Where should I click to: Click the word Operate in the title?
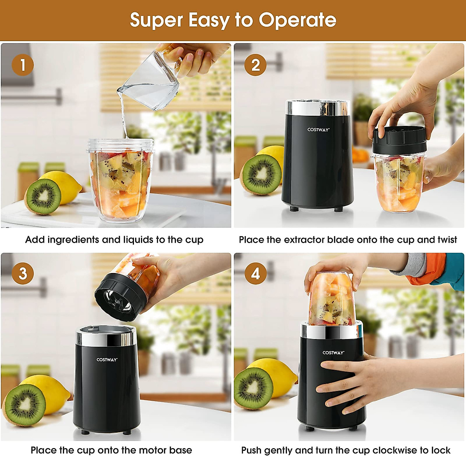pyautogui.click(x=297, y=20)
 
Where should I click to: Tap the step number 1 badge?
pyautogui.click(x=23, y=65)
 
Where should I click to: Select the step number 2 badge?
pyautogui.click(x=255, y=65)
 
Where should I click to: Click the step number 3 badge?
pyautogui.click(x=23, y=273)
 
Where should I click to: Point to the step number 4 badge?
pyautogui.click(x=255, y=274)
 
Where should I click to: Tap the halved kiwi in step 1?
pyautogui.click(x=43, y=196)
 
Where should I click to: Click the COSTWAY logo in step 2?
pyautogui.click(x=318, y=130)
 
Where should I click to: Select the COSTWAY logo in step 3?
pyautogui.click(x=107, y=360)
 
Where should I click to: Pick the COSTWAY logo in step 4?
pyautogui.click(x=333, y=353)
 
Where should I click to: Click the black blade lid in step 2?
pyautogui.click(x=399, y=140)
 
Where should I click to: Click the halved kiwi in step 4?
pyautogui.click(x=253, y=388)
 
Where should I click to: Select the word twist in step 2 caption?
pyautogui.click(x=447, y=240)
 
